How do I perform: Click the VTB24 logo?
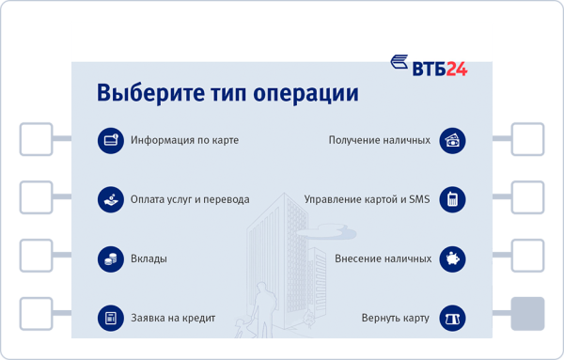(429, 68)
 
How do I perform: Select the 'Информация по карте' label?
(184, 140)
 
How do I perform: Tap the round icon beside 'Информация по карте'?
(111, 140)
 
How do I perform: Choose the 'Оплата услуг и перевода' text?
(190, 199)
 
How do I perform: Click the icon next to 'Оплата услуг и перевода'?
(111, 199)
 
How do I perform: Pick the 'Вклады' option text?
(149, 258)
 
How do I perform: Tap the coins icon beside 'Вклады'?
(111, 258)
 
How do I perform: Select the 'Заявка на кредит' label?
(173, 318)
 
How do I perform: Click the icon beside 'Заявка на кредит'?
(111, 318)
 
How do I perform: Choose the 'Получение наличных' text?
(380, 140)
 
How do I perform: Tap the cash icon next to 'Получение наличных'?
(453, 140)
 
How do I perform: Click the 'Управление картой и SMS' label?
(367, 199)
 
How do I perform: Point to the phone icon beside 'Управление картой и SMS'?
(453, 199)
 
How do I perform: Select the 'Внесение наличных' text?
(383, 258)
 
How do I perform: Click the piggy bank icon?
(453, 258)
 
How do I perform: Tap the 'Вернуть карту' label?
(395, 318)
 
